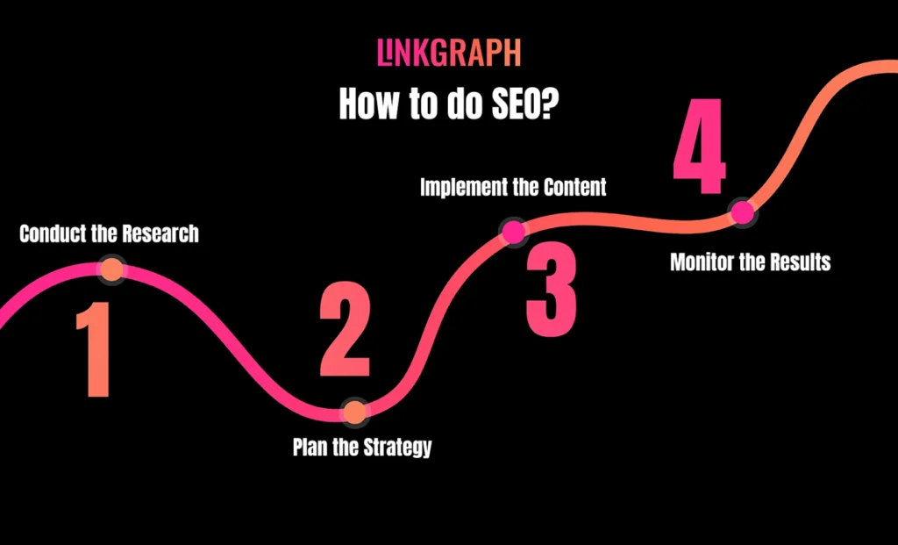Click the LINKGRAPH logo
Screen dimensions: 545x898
(x=449, y=54)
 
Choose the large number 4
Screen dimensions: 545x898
(x=699, y=146)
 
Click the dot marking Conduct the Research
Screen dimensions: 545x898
(x=111, y=269)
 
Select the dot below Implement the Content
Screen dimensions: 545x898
(x=512, y=232)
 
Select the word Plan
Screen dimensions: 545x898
(x=309, y=447)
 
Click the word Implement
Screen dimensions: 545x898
(x=460, y=187)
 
